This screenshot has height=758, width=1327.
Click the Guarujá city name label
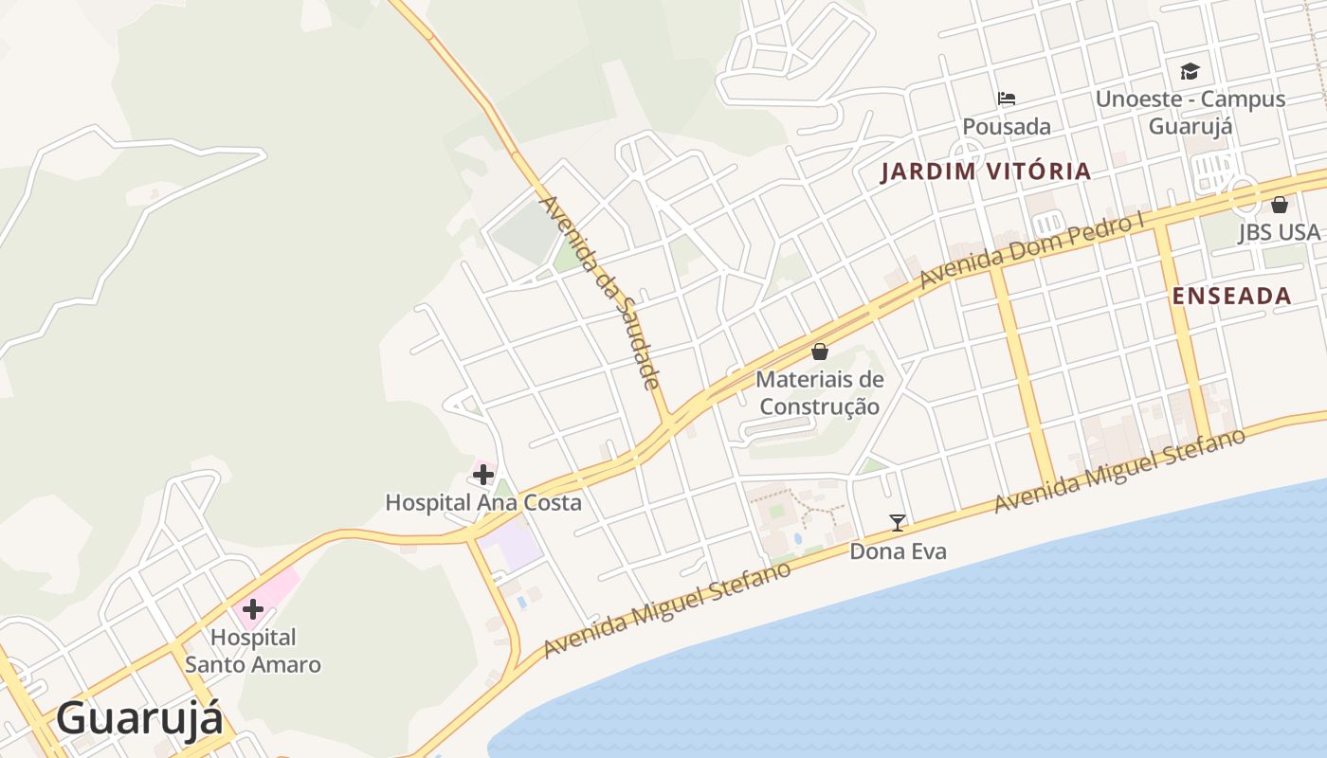click(x=140, y=718)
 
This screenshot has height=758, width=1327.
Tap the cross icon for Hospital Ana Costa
click(x=483, y=474)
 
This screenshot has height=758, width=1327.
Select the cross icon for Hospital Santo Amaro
click(x=253, y=608)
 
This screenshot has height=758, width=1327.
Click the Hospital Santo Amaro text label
click(x=253, y=651)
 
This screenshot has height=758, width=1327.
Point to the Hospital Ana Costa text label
click(x=483, y=502)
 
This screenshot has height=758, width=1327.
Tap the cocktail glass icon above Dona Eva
click(x=898, y=522)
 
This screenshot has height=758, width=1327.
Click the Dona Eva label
click(x=898, y=550)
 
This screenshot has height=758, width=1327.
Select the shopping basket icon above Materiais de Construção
click(x=820, y=352)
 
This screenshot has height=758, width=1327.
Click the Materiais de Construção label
click(x=820, y=393)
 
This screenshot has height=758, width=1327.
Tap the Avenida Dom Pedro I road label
click(x=1032, y=252)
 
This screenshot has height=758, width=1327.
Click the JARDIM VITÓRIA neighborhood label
click(x=986, y=171)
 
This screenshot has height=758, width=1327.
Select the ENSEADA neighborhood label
click(x=1232, y=296)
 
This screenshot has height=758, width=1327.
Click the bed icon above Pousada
click(x=1007, y=99)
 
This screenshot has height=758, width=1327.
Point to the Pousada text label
click(x=1007, y=126)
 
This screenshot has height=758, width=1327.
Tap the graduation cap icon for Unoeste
click(x=1190, y=71)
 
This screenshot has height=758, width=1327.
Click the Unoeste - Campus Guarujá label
click(x=1190, y=112)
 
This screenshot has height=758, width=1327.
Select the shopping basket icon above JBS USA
click(x=1280, y=204)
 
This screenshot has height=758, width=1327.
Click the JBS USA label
click(x=1280, y=232)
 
